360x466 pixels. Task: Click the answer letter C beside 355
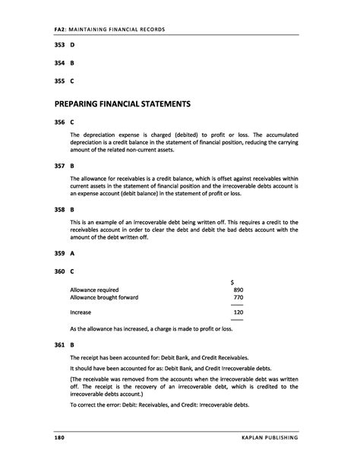(x=72, y=81)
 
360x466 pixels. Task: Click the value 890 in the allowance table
(x=238, y=290)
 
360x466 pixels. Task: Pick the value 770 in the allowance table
(x=238, y=297)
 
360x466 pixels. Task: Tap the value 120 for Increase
(x=238, y=312)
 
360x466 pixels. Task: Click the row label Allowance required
(x=94, y=290)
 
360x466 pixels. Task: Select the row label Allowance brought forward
(x=104, y=297)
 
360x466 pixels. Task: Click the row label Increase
(x=81, y=312)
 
